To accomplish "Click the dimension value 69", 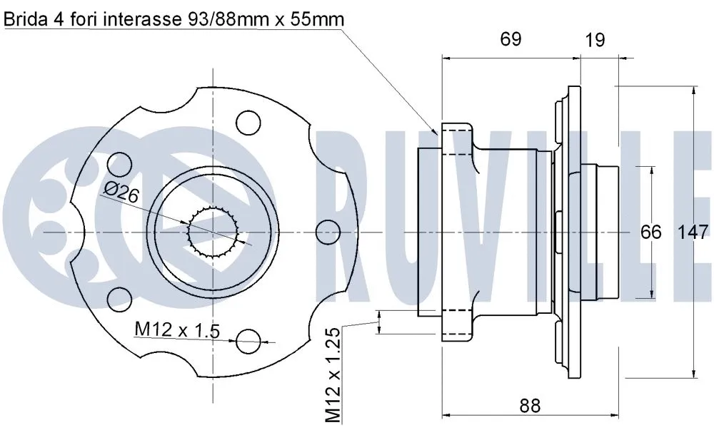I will point(510,39).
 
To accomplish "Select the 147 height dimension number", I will point(693,232).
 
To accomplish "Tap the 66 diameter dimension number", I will point(650,232).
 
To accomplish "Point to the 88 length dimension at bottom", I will point(529,406).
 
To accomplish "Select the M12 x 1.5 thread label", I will point(176,329).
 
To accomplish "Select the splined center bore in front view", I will point(212,232).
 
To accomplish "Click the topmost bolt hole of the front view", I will point(248,122).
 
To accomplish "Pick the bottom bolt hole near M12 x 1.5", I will point(248,341).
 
